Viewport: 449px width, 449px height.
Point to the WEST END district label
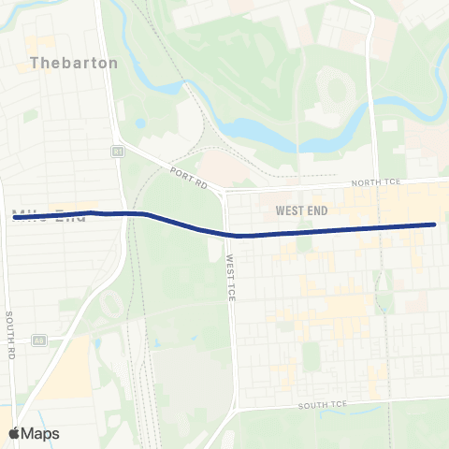302,210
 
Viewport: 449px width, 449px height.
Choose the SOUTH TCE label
323,405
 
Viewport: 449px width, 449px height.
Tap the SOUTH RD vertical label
9,334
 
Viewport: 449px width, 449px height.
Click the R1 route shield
117,150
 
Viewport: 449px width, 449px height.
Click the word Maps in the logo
40,433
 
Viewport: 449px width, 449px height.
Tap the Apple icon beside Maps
15,433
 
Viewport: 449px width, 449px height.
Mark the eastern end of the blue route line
434,224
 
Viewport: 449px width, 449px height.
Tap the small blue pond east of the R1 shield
140,123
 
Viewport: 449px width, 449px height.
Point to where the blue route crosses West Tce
227,235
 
